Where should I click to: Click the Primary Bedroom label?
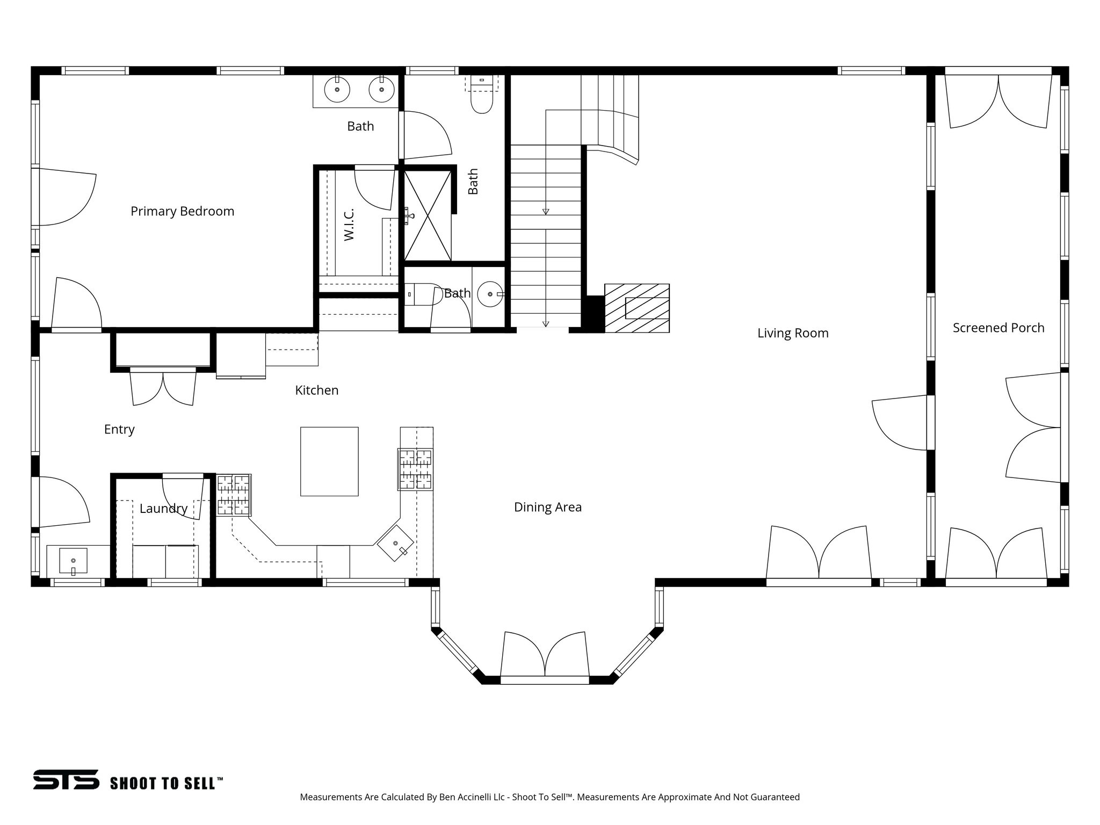tap(182, 211)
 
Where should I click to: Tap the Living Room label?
tap(793, 333)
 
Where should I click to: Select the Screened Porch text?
tap(998, 328)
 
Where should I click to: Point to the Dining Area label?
tap(547, 507)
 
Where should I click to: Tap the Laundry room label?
tap(163, 508)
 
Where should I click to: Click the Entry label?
tap(119, 429)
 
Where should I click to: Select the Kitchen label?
tap(317, 390)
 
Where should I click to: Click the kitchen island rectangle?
tap(329, 461)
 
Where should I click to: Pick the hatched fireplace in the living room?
tap(637, 308)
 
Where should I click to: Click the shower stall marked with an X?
tap(427, 215)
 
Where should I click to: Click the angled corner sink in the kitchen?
tap(396, 544)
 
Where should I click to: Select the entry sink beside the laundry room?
tap(73, 561)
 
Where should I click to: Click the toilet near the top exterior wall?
tap(481, 99)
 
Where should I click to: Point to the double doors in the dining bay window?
tap(545, 655)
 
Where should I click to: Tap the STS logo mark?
tap(66, 779)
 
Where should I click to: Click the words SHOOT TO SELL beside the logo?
tap(166, 783)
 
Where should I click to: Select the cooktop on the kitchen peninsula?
tap(415, 469)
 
